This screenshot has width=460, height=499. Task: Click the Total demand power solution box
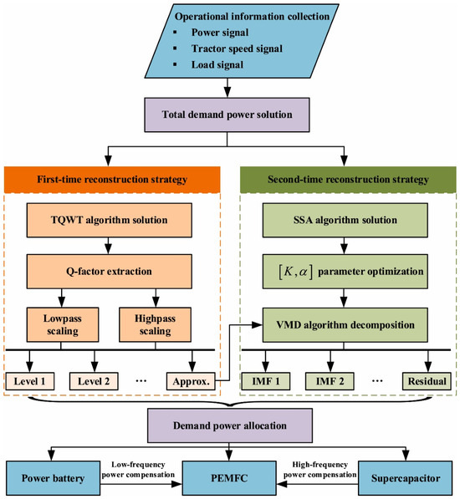[x=227, y=115]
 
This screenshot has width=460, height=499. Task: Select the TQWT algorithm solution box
[x=110, y=220]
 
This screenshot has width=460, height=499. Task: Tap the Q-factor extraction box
[x=110, y=272]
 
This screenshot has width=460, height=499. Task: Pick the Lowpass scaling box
[x=63, y=324]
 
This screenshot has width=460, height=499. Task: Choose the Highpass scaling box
[x=155, y=324]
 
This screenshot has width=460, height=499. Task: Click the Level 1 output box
[x=30, y=381]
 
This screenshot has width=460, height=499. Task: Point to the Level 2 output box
[x=94, y=381]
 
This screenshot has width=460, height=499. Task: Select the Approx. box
[x=191, y=381]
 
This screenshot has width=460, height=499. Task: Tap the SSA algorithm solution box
[x=345, y=220]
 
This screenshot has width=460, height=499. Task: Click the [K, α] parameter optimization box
[x=345, y=272]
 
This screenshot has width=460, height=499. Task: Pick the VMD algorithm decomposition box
[x=345, y=325]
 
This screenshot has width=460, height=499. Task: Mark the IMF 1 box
[x=266, y=381]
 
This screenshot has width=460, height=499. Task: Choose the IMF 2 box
[x=330, y=381]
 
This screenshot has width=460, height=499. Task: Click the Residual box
[x=427, y=381]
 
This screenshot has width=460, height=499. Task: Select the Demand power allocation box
[x=230, y=425]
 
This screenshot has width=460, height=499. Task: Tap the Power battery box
[x=54, y=478]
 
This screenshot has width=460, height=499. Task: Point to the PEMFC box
[x=229, y=478]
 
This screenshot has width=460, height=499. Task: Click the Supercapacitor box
[x=406, y=478]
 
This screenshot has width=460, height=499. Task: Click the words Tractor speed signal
[x=237, y=48]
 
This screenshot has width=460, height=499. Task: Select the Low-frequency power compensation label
[x=138, y=470]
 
